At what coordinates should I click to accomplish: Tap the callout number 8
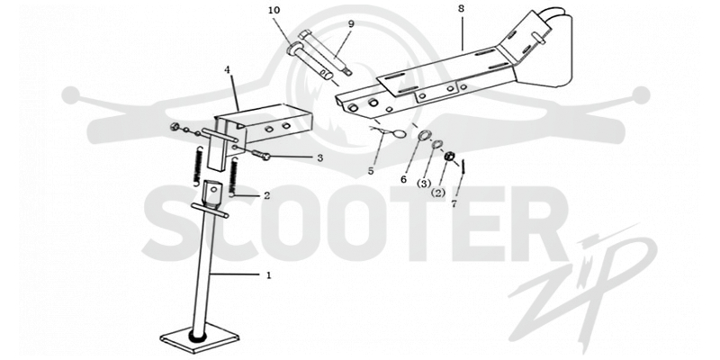[461, 8]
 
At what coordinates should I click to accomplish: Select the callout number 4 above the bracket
[227, 70]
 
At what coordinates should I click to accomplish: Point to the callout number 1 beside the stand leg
[268, 275]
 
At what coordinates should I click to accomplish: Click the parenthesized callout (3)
[423, 184]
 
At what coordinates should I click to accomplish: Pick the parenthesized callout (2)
[438, 193]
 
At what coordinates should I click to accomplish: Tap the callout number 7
[454, 204]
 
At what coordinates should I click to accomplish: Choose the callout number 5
[371, 171]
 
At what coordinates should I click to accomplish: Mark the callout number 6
[403, 179]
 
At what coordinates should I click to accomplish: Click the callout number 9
[351, 24]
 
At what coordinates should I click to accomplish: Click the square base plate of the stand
[200, 338]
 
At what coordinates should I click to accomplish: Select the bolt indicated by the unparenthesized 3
[260, 156]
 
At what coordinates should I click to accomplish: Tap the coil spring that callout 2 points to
[234, 176]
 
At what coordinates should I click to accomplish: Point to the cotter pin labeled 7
[463, 166]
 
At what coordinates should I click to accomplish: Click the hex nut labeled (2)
[449, 157]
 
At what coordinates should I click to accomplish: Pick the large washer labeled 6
[424, 136]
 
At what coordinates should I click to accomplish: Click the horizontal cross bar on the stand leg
[210, 211]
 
